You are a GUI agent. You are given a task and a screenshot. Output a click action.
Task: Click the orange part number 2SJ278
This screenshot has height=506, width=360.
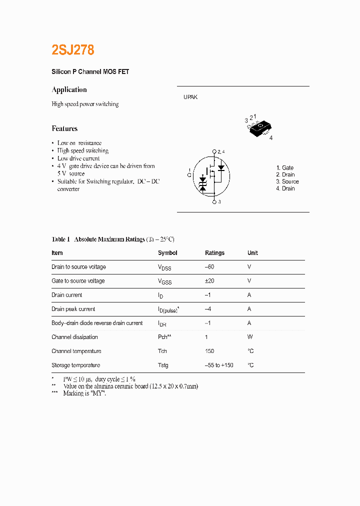[x=73, y=50]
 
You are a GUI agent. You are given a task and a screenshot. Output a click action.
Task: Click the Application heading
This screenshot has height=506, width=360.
[x=69, y=89]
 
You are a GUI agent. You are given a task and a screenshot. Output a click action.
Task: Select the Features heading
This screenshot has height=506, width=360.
[x=64, y=128]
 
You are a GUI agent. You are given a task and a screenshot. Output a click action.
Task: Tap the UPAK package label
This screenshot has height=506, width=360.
[x=190, y=97]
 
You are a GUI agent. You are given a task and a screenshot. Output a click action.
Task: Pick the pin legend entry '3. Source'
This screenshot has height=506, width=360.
[x=287, y=181]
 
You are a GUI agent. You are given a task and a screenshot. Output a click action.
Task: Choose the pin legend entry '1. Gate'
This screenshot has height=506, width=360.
[x=285, y=167]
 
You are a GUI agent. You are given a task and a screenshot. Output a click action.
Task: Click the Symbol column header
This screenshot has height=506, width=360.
[x=167, y=253]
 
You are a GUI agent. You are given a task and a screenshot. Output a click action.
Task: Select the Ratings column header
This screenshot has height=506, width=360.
[x=214, y=253]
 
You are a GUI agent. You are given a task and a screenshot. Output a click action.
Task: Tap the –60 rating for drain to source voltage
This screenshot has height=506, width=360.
[x=209, y=267]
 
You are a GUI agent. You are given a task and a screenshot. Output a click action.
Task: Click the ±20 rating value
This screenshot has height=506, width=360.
[x=209, y=281]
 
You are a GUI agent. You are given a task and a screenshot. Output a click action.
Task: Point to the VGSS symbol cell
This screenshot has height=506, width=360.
[x=164, y=281]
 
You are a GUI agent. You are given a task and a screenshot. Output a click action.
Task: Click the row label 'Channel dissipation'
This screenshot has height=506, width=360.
[x=74, y=337]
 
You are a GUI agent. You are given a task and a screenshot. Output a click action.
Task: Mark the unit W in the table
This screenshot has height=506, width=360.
[x=249, y=337]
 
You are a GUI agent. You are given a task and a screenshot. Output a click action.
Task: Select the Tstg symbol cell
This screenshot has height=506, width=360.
[x=163, y=365]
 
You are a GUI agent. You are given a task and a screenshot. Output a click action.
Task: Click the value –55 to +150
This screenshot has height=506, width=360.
[x=219, y=365]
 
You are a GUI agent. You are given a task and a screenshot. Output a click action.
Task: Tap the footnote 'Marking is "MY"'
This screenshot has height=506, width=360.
[x=84, y=393]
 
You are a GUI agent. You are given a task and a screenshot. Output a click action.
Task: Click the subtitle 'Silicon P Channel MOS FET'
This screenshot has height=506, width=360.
[x=90, y=72]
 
